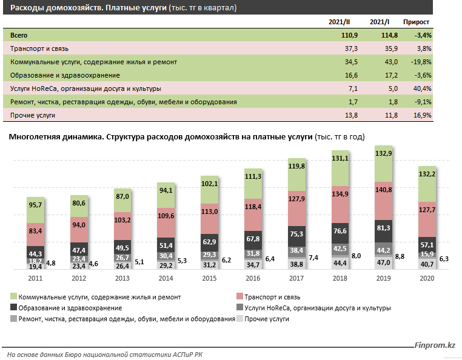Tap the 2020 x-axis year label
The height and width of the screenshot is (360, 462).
pyautogui.click(x=427, y=279)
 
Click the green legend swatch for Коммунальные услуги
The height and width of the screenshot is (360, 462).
pyautogui.click(x=13, y=298)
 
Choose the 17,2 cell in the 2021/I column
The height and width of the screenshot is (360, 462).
pyautogui.click(x=389, y=75)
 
